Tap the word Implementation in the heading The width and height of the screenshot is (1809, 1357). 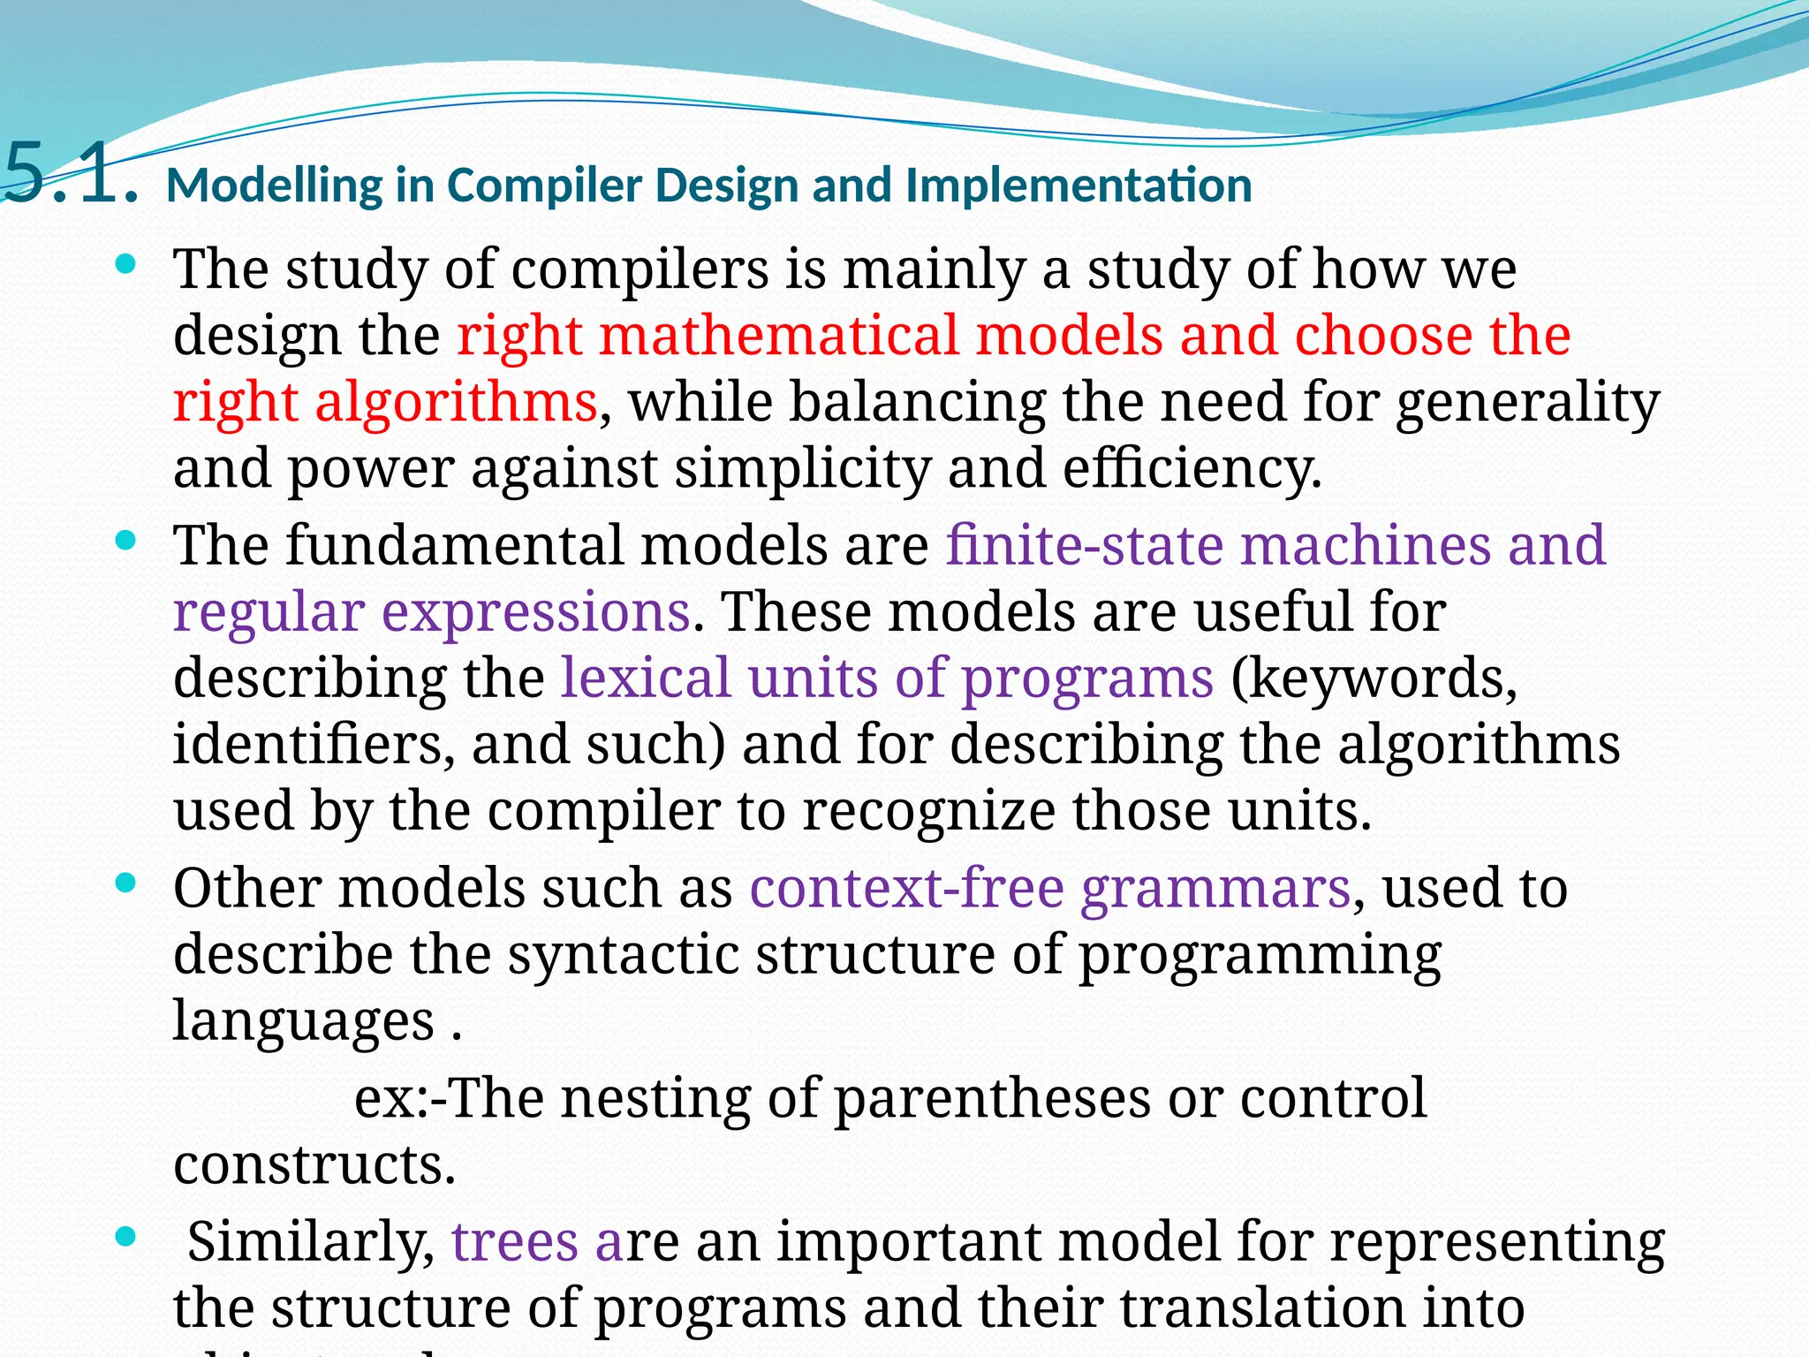pyautogui.click(x=1079, y=186)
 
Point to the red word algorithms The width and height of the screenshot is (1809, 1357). pyautogui.click(x=456, y=403)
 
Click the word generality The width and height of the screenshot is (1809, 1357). pyautogui.click(x=1527, y=403)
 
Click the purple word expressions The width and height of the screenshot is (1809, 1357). pyautogui.click(x=535, y=611)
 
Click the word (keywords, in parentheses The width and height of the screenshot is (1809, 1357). pyautogui.click(x=1374, y=678)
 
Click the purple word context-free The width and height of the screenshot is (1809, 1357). pyautogui.click(x=906, y=888)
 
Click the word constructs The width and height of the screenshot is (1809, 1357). pyautogui.click(x=314, y=1164)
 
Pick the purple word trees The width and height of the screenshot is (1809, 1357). pyautogui.click(x=515, y=1241)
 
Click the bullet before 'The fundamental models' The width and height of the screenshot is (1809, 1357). pyautogui.click(x=126, y=540)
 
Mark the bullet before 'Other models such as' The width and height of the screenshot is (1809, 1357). pyautogui.click(x=126, y=883)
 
